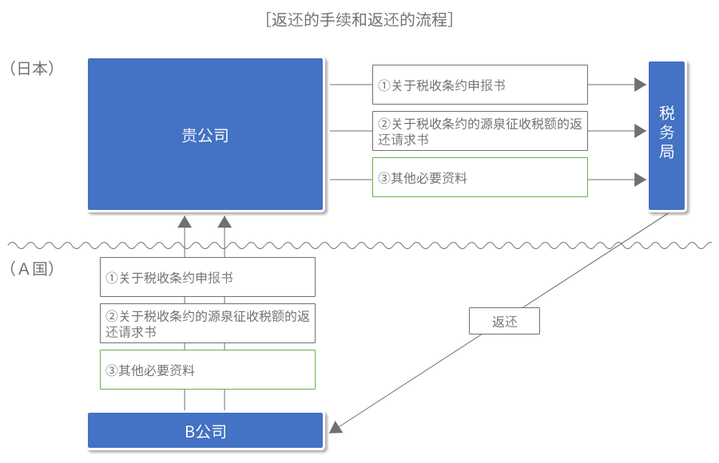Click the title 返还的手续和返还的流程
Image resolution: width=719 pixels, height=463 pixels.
click(359, 20)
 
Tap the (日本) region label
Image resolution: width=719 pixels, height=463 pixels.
click(32, 69)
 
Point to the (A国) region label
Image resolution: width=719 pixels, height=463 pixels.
click(32, 269)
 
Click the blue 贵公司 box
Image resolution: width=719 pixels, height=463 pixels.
click(205, 134)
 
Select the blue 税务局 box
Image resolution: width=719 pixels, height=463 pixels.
click(667, 136)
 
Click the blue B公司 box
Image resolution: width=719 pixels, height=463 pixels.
click(205, 430)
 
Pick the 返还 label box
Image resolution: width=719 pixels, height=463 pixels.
click(504, 321)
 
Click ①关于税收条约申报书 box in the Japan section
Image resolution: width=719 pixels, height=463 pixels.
click(480, 85)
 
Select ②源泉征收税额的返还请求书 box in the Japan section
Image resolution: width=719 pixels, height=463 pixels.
click(480, 131)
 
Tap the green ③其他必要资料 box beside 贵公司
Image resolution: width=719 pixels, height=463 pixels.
click(480, 177)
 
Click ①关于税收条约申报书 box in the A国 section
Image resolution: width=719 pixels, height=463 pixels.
click(208, 277)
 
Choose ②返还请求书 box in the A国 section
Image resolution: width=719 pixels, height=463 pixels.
click(208, 323)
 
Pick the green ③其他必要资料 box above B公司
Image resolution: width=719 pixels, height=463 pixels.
click(208, 370)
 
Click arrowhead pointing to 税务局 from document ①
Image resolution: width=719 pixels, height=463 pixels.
click(640, 85)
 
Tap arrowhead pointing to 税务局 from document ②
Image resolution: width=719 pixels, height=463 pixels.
click(640, 131)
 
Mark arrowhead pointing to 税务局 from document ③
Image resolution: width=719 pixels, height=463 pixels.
click(640, 180)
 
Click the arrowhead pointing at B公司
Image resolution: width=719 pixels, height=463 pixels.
click(336, 428)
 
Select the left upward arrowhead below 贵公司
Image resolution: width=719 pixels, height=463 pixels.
click(185, 223)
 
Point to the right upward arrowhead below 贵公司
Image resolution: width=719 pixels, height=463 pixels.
click(224, 223)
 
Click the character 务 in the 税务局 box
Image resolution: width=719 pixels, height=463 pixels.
click(667, 132)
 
